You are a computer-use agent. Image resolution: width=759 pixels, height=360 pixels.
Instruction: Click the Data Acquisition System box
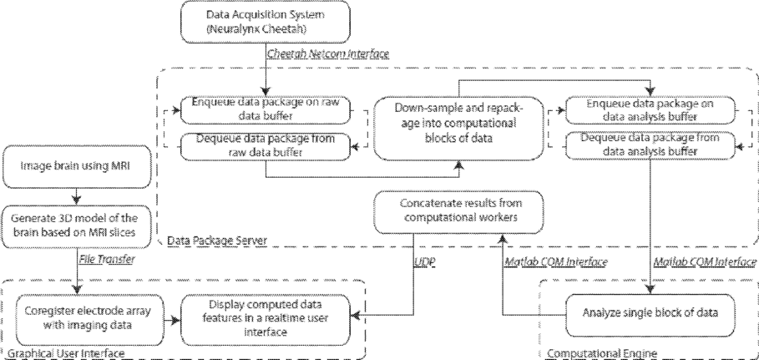point(265,22)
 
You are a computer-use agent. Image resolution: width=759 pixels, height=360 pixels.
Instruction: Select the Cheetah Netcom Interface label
point(328,53)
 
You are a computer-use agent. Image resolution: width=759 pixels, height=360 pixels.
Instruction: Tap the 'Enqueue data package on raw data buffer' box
point(265,110)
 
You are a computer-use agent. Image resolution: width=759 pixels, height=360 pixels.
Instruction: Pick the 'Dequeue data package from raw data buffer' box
point(265,146)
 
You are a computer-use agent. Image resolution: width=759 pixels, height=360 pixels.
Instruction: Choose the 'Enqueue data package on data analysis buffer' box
point(650,110)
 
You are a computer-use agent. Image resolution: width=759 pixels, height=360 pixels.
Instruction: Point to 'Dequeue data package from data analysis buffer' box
point(650,145)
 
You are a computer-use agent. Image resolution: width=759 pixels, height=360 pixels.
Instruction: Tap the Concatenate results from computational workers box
point(458,212)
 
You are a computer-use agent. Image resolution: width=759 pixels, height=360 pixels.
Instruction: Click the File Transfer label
point(108,260)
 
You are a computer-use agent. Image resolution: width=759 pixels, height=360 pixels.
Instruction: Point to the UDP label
point(425,262)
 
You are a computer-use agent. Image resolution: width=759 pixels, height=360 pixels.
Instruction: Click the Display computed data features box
point(265,318)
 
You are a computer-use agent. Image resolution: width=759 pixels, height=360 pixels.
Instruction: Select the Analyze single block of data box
point(650,313)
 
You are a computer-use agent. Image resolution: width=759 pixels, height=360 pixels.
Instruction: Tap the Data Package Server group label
point(216,241)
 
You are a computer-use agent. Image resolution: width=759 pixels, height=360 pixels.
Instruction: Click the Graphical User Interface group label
point(67,353)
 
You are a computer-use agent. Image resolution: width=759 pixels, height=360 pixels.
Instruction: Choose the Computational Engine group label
point(602,353)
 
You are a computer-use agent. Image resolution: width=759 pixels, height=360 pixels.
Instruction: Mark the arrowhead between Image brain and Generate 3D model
point(77,200)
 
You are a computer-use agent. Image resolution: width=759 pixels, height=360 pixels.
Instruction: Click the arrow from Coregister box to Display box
point(171,320)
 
